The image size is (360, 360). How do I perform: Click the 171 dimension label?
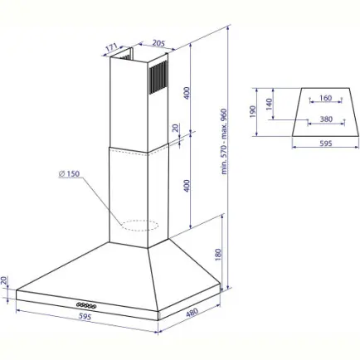112,47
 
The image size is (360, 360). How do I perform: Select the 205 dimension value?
158,43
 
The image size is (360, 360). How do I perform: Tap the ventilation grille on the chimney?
158,76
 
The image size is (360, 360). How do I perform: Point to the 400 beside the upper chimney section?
187,93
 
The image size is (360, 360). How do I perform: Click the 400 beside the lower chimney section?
187,186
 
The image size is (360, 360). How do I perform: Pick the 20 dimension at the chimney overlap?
175,128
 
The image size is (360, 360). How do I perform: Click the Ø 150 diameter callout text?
70,173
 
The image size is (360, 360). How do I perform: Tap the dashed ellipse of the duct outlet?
139,226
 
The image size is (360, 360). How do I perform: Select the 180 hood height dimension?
218,255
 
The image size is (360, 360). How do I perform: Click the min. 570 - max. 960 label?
224,141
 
